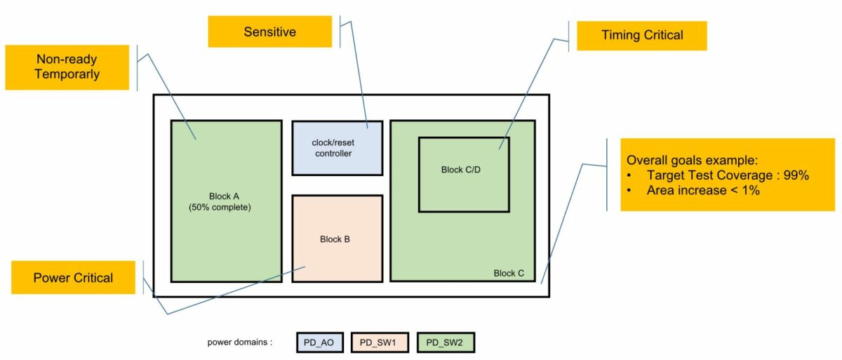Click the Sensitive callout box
coord(269,32)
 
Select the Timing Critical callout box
coord(641,35)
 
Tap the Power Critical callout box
coord(73,278)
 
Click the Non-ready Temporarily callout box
coord(67,67)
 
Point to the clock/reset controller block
coord(338,148)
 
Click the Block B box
coord(338,239)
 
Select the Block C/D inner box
coord(464,175)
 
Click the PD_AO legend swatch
coord(319,342)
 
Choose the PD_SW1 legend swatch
coord(380,342)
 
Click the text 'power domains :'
coord(239,342)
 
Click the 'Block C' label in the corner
coord(509,273)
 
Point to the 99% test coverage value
coord(795,175)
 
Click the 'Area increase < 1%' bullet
coord(703,190)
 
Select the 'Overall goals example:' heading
coord(692,160)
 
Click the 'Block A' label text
coord(225,196)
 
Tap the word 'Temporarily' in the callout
coord(67,74)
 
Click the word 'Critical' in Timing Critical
coord(660,35)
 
